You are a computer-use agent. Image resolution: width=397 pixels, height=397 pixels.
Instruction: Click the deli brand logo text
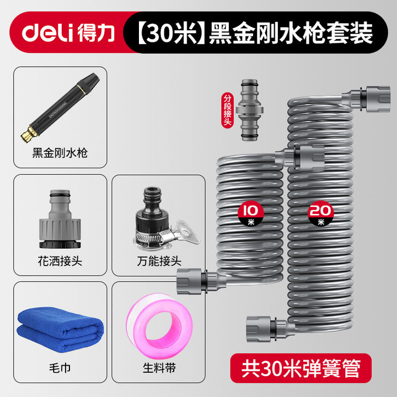point(47,33)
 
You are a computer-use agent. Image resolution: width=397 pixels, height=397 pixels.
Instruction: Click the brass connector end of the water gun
point(28,134)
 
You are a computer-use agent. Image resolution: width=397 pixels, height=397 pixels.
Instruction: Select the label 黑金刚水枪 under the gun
point(60,153)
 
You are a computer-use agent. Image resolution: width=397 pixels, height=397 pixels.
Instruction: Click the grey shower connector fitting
point(60,219)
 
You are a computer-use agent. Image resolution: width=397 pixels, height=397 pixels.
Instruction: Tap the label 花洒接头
point(60,261)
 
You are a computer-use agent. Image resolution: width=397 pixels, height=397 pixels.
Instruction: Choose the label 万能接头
point(159,261)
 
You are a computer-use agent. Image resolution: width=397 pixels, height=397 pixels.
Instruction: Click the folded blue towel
point(60,329)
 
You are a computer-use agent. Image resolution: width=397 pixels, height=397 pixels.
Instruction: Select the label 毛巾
point(60,368)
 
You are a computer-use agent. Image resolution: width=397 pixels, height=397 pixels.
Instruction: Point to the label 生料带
point(159,368)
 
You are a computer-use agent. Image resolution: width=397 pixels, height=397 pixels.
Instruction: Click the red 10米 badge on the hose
point(251,214)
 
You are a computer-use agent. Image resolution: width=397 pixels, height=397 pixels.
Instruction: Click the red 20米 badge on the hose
point(320,214)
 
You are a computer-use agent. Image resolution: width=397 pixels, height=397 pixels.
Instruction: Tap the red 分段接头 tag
point(227,110)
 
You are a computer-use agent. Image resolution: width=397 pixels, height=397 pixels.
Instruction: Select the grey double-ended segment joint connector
point(250,110)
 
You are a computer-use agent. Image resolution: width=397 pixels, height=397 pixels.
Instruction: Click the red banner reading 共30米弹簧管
point(301,368)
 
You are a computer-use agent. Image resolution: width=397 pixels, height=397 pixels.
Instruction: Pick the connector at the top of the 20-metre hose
point(366,99)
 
